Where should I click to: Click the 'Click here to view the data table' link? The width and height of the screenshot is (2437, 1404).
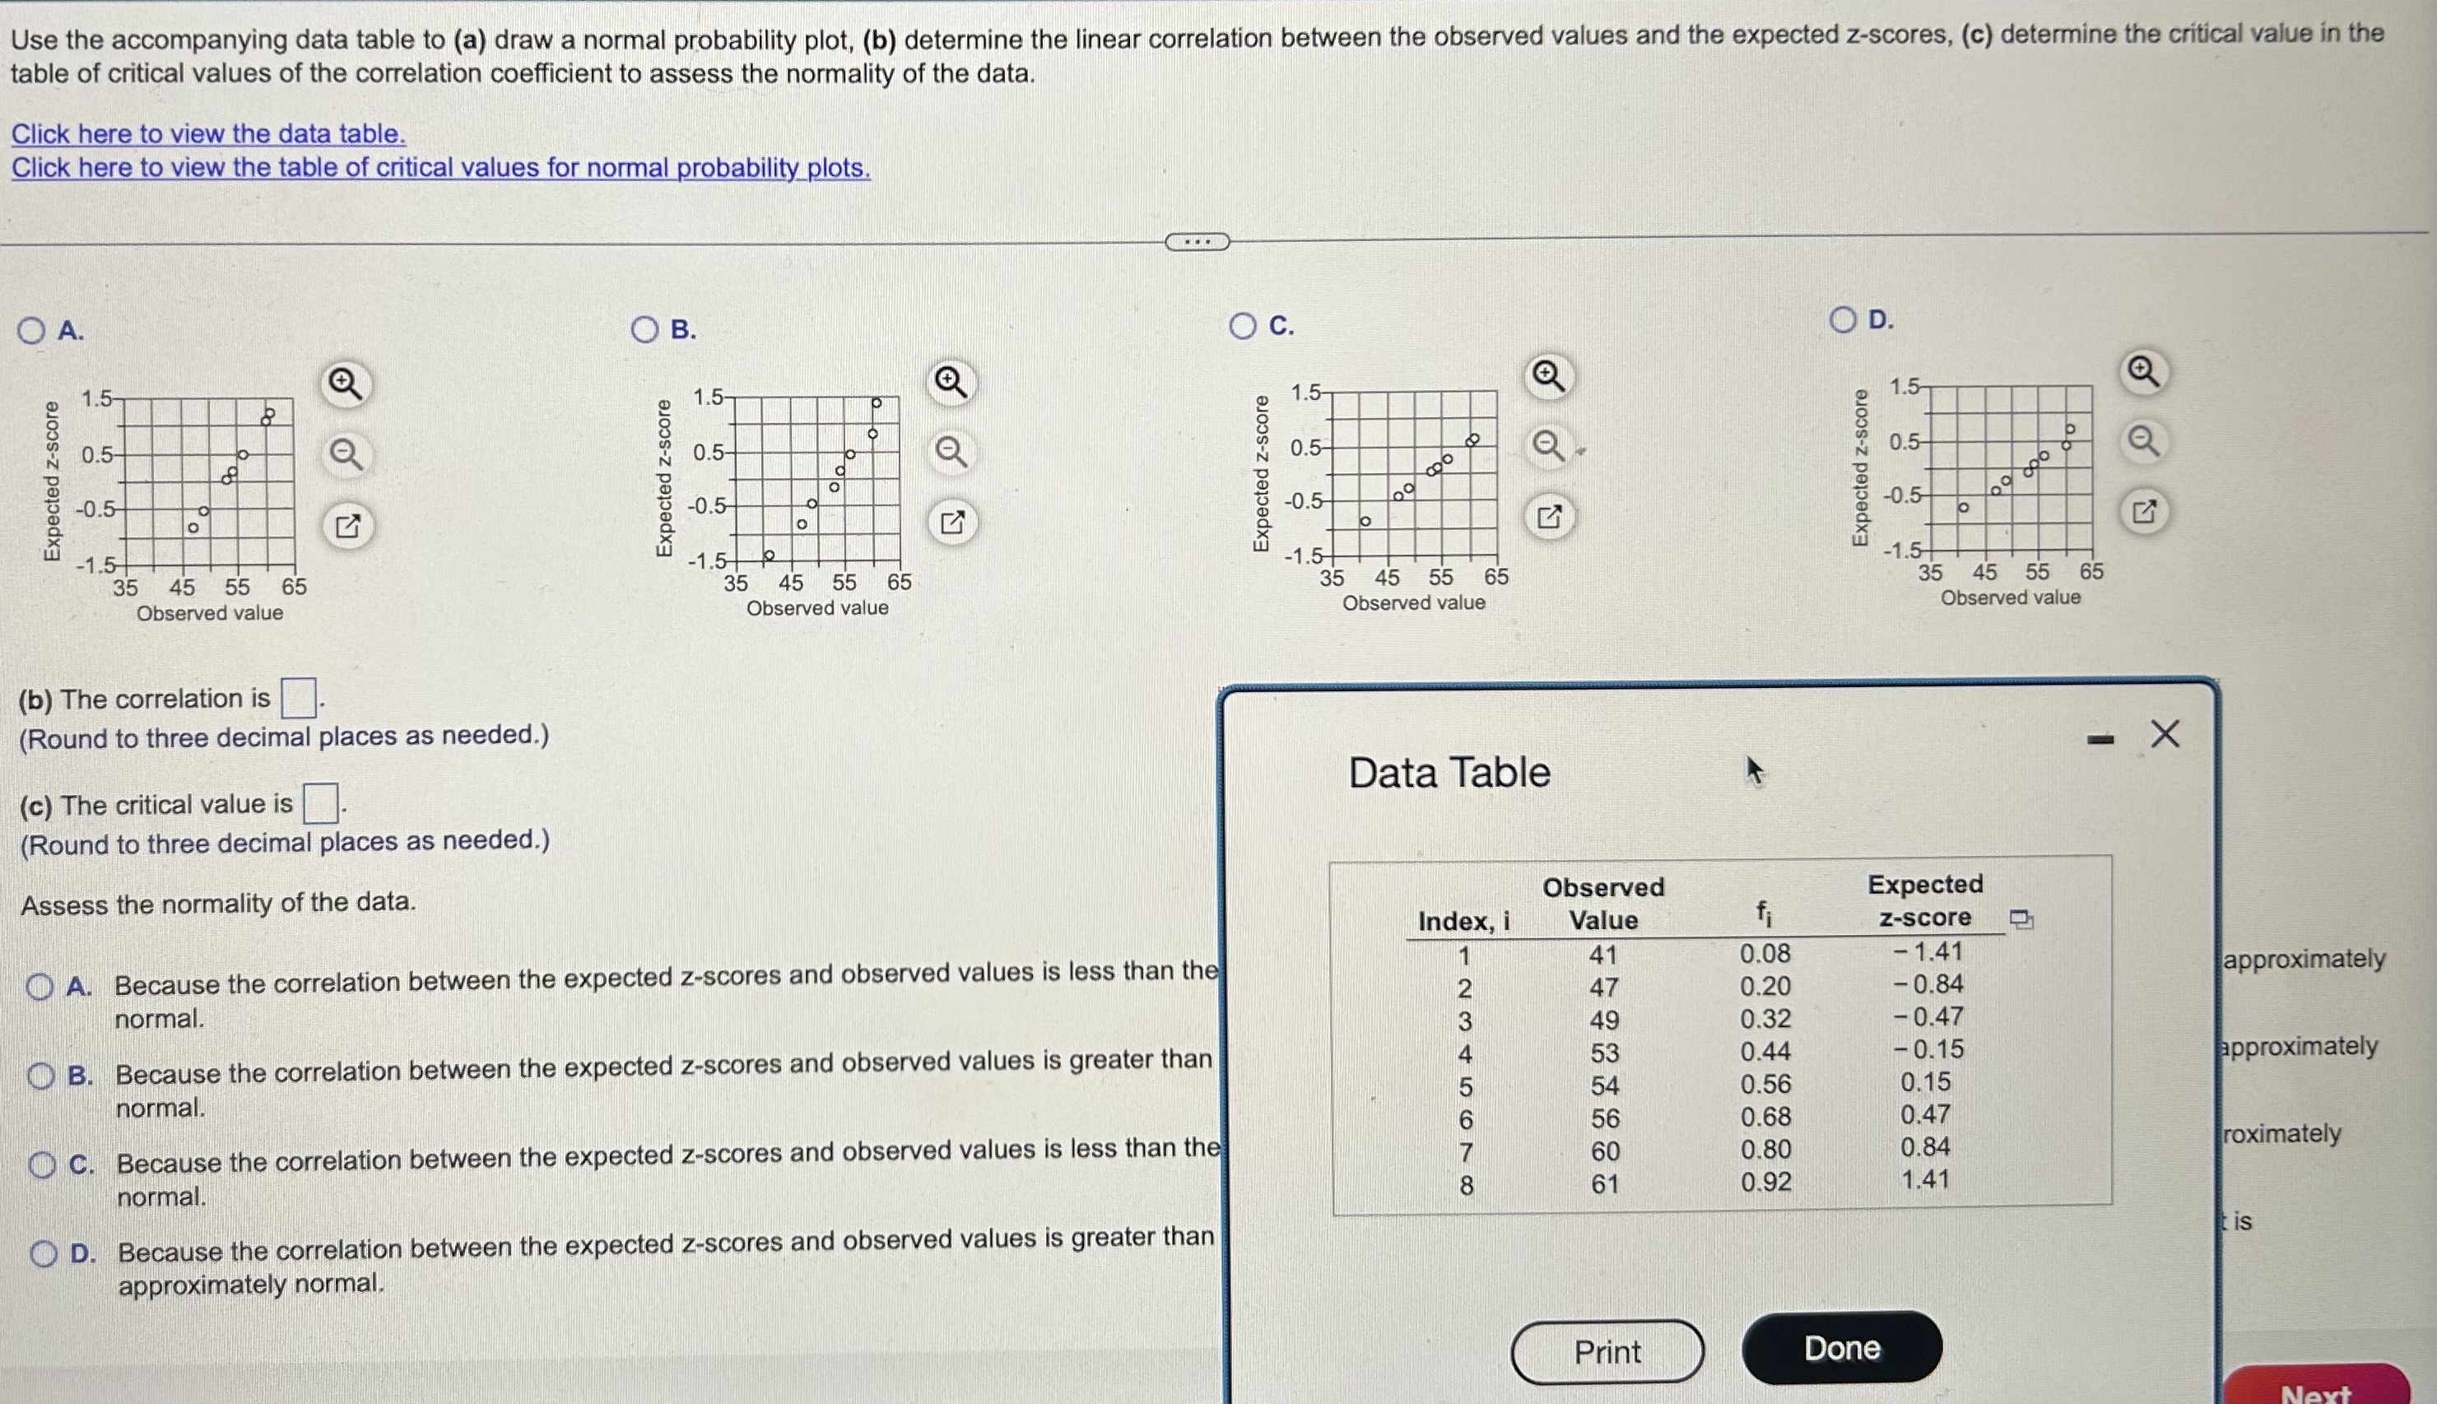[x=208, y=134]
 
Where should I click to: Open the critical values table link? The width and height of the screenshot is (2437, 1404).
[x=440, y=169]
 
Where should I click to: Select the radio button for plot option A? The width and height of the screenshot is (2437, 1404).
[x=30, y=331]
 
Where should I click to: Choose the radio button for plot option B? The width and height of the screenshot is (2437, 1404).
[x=644, y=330]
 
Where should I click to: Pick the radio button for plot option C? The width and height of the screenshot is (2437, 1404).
[x=1242, y=327]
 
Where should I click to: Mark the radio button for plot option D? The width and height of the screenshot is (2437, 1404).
[x=1842, y=320]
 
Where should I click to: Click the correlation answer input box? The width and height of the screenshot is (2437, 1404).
[x=298, y=698]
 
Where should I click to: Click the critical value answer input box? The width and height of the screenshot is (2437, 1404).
[x=321, y=803]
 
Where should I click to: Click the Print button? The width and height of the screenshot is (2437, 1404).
[x=1607, y=1351]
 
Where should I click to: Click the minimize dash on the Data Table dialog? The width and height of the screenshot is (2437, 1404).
[x=2100, y=741]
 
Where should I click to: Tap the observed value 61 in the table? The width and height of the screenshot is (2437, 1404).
[x=1605, y=1183]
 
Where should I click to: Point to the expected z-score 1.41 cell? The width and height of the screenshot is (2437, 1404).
[x=1925, y=1179]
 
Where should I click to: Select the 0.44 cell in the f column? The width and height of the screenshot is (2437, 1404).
[x=1765, y=1051]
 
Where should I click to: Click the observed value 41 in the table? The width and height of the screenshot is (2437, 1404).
[x=1602, y=955]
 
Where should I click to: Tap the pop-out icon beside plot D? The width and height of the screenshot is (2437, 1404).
[x=2143, y=512]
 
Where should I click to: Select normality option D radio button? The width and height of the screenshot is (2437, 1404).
[x=44, y=1253]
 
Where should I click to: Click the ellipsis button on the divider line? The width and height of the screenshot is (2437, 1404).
[x=1197, y=242]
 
